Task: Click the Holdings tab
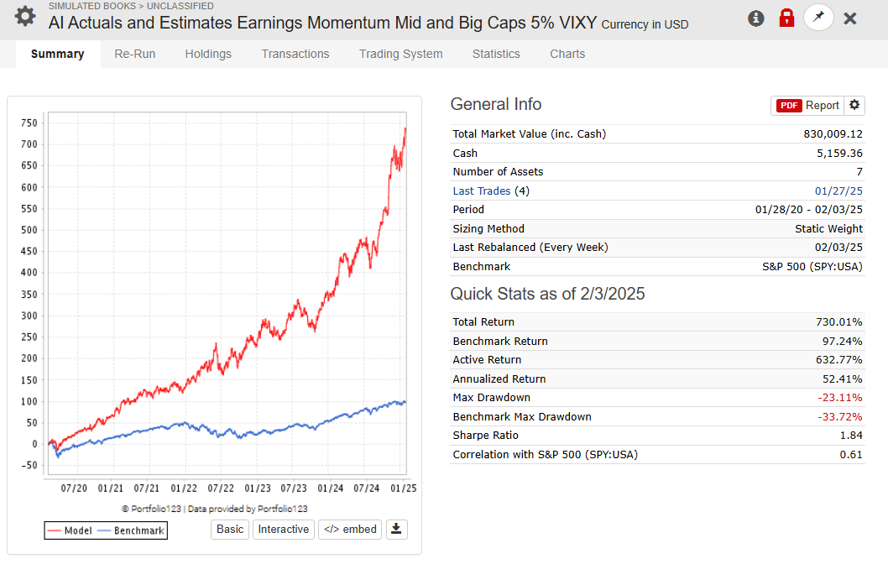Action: (x=208, y=54)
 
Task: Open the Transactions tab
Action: (x=295, y=54)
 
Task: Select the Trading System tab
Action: (x=400, y=54)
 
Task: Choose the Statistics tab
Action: (x=496, y=54)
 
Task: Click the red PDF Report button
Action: (x=807, y=105)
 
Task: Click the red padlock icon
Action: (x=786, y=18)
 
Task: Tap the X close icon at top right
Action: (x=849, y=18)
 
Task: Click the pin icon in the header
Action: (x=818, y=18)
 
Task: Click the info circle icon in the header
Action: (x=756, y=18)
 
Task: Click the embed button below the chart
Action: (x=349, y=529)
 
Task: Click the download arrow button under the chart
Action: (x=397, y=529)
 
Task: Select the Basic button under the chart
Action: (x=230, y=529)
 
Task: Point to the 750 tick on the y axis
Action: (x=29, y=123)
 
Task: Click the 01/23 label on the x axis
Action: (x=258, y=488)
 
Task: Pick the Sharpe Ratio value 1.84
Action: (x=850, y=436)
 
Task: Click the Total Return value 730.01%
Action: (x=838, y=322)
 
